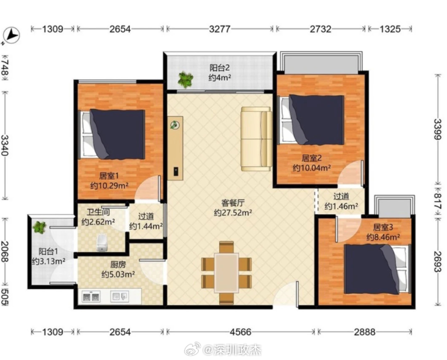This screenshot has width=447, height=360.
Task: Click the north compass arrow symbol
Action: pos(11,35)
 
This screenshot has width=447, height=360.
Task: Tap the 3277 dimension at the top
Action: pos(219,29)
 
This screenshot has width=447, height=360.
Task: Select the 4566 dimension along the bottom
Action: pos(241,332)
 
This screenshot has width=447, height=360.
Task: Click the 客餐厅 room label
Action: pos(233,203)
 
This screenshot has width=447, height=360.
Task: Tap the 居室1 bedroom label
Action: pos(109,176)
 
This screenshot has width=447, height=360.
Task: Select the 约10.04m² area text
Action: pos(311,168)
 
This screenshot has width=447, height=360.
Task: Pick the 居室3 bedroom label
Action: pos(383,227)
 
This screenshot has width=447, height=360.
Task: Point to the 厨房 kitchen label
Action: pos(118,265)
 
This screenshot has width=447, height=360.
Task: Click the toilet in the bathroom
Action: pos(101,243)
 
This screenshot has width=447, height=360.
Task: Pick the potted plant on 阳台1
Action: pos(39,227)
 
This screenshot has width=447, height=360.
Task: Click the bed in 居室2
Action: pos(311,119)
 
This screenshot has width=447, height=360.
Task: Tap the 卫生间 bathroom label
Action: pos(98,212)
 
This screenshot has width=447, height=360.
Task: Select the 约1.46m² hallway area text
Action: pos(341,206)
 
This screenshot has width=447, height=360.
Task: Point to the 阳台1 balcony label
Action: pos(48,251)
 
